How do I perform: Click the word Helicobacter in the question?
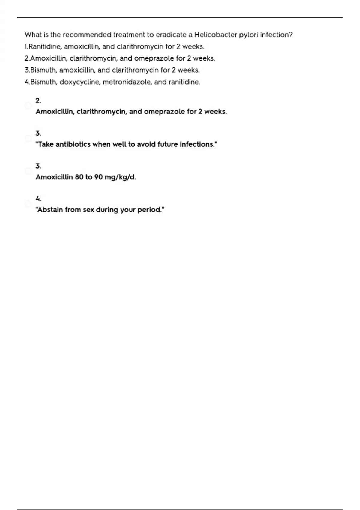[x=215, y=35]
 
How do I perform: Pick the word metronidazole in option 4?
[x=127, y=82]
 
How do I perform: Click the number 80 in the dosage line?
[x=79, y=177]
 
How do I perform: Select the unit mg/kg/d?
[x=120, y=177]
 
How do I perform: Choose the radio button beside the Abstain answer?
[x=28, y=204]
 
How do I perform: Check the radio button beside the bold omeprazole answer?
[x=28, y=106]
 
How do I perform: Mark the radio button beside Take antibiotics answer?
[x=28, y=138]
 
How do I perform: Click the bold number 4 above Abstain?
[x=38, y=199]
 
